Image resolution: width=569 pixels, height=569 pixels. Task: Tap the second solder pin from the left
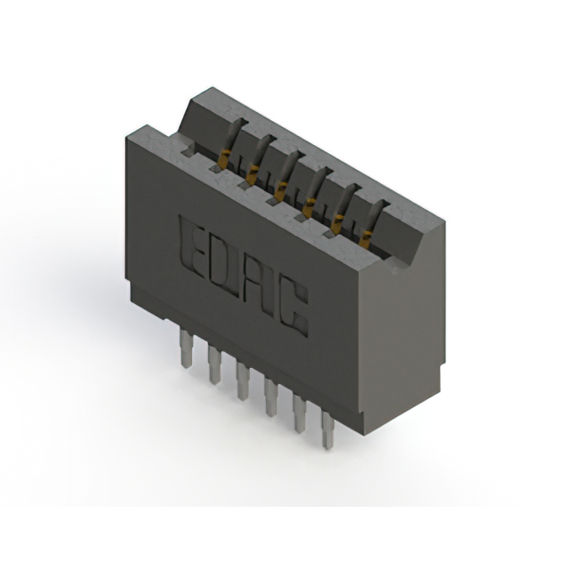pyautogui.click(x=214, y=364)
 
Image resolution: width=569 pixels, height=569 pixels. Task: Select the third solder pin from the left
pyautogui.click(x=242, y=380)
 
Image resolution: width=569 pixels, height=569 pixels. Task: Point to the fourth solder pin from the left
pyautogui.click(x=269, y=396)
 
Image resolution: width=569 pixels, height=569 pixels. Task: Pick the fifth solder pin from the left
pyautogui.click(x=298, y=412)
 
